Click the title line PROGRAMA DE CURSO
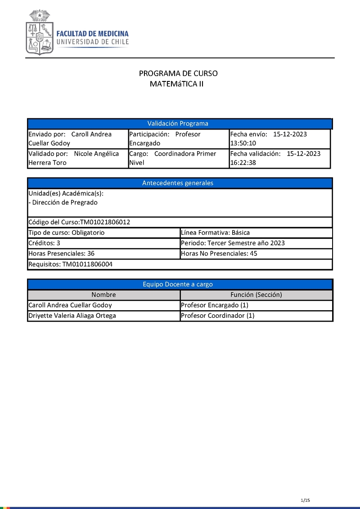tap(178, 74)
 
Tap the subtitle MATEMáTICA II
tap(177, 84)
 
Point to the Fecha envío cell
tap(279, 138)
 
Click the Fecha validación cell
tap(279, 158)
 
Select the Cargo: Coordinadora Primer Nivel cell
tap(178, 158)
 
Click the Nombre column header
tap(103, 295)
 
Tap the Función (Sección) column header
tap(256, 295)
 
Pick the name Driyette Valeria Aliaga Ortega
tap(72, 316)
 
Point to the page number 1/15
tap(306, 500)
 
